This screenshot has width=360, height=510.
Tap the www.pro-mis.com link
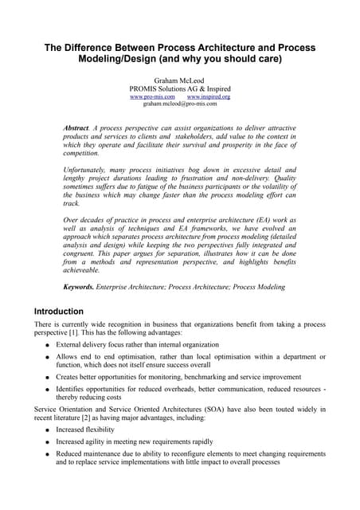pyautogui.click(x=152, y=96)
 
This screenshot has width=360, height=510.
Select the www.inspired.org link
pyautogui.click(x=208, y=96)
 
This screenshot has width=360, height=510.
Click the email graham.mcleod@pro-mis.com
pyautogui.click(x=179, y=104)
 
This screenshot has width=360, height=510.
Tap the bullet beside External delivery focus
pyautogui.click(x=48, y=347)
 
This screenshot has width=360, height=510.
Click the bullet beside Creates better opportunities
pyautogui.click(x=48, y=377)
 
